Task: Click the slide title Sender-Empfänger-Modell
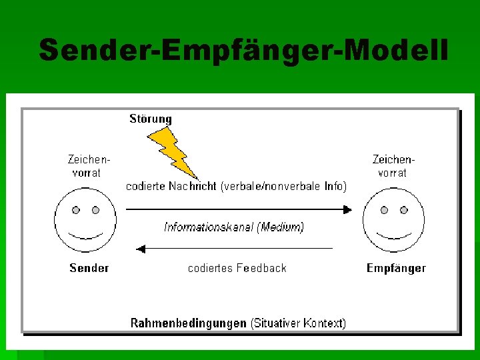point(243,50)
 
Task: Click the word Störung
point(150,119)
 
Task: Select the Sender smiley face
point(85,221)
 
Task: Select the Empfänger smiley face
point(393,221)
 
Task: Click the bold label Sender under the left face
point(89,268)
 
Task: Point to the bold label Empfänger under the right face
point(396,268)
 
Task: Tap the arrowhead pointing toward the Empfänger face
point(347,209)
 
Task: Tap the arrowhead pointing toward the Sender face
point(140,249)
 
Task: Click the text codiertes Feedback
point(237,268)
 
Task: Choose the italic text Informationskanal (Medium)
point(234,227)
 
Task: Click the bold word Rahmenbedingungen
point(188,323)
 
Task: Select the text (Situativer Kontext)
point(298,323)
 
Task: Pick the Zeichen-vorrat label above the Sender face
point(87,166)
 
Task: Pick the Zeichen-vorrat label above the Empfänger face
point(393,166)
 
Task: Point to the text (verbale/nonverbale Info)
point(283,187)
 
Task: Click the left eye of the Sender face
point(76,210)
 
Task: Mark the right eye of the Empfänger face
point(403,210)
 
